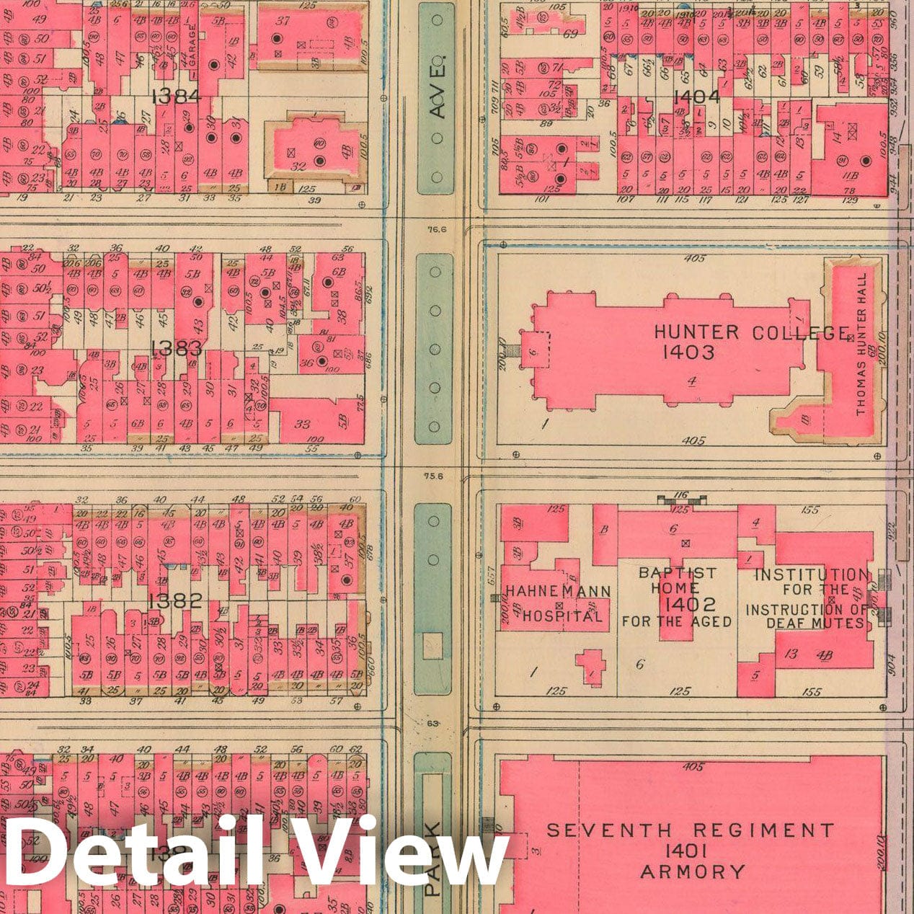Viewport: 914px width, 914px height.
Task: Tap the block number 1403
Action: click(691, 352)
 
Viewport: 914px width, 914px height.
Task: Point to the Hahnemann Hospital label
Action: click(558, 603)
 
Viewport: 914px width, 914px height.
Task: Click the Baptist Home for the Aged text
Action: click(677, 597)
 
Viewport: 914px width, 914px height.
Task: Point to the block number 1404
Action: click(696, 97)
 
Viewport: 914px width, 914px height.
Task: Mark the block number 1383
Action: click(177, 349)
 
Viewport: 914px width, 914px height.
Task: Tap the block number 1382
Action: click(174, 600)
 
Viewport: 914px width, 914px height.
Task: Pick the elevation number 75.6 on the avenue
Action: click(434, 476)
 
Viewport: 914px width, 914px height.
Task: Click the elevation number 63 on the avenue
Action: click(433, 723)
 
